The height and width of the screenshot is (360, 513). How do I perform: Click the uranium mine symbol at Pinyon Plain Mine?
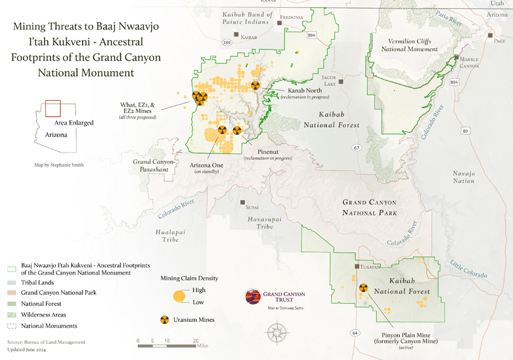(364, 289)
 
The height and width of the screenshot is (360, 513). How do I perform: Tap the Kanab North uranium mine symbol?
(255, 85)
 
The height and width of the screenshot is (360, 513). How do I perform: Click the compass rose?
(278, 331)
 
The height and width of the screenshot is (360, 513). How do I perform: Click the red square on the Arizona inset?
(53, 109)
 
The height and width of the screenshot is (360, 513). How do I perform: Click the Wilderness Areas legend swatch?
(12, 315)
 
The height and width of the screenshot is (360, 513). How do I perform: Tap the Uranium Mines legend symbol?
(164, 320)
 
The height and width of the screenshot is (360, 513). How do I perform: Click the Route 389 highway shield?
(227, 43)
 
